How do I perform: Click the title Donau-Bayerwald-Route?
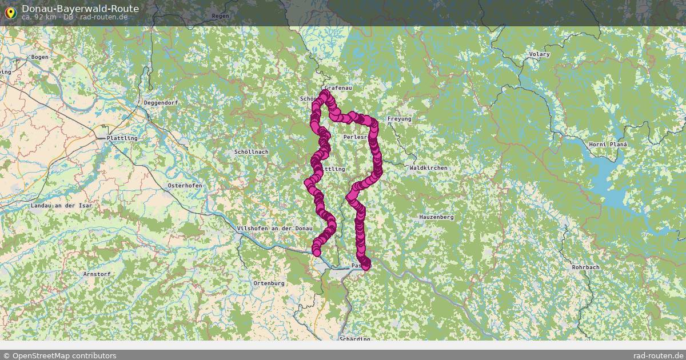tap(80, 9)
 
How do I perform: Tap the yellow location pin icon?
tap(10, 12)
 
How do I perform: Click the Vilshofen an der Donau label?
tap(274, 229)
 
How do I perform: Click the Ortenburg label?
tap(269, 283)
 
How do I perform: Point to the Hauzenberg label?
tap(436, 217)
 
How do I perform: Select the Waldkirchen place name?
tap(429, 168)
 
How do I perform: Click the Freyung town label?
tap(399, 119)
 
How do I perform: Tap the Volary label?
tap(540, 54)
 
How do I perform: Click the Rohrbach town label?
tap(586, 267)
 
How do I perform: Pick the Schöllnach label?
tap(252, 152)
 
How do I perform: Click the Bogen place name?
tap(39, 57)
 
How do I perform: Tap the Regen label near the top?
tap(220, 16)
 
